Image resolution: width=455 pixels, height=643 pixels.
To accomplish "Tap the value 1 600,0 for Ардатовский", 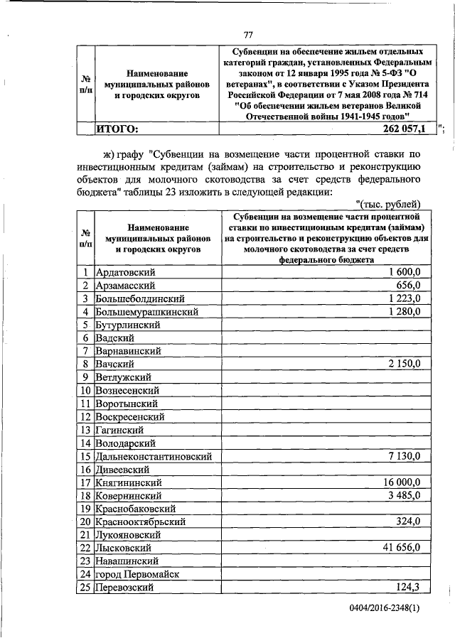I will tap(405, 272).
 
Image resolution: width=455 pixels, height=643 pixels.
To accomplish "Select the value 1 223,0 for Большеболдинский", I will tap(405, 298).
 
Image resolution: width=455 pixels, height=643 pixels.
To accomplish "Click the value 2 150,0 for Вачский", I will tap(405, 364).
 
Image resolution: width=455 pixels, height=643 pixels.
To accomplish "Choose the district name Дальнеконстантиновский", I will tap(152, 456).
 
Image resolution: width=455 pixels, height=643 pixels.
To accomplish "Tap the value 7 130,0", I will tap(405, 456).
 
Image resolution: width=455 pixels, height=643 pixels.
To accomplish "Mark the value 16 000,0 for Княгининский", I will tap(402, 482).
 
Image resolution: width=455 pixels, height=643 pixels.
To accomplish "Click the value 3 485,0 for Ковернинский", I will tap(405, 495).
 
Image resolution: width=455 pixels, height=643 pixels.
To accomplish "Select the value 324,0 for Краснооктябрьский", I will tap(410, 522).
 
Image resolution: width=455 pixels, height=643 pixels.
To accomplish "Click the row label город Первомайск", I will tap(138, 574).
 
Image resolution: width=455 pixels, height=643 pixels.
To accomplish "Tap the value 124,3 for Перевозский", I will tap(410, 588).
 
